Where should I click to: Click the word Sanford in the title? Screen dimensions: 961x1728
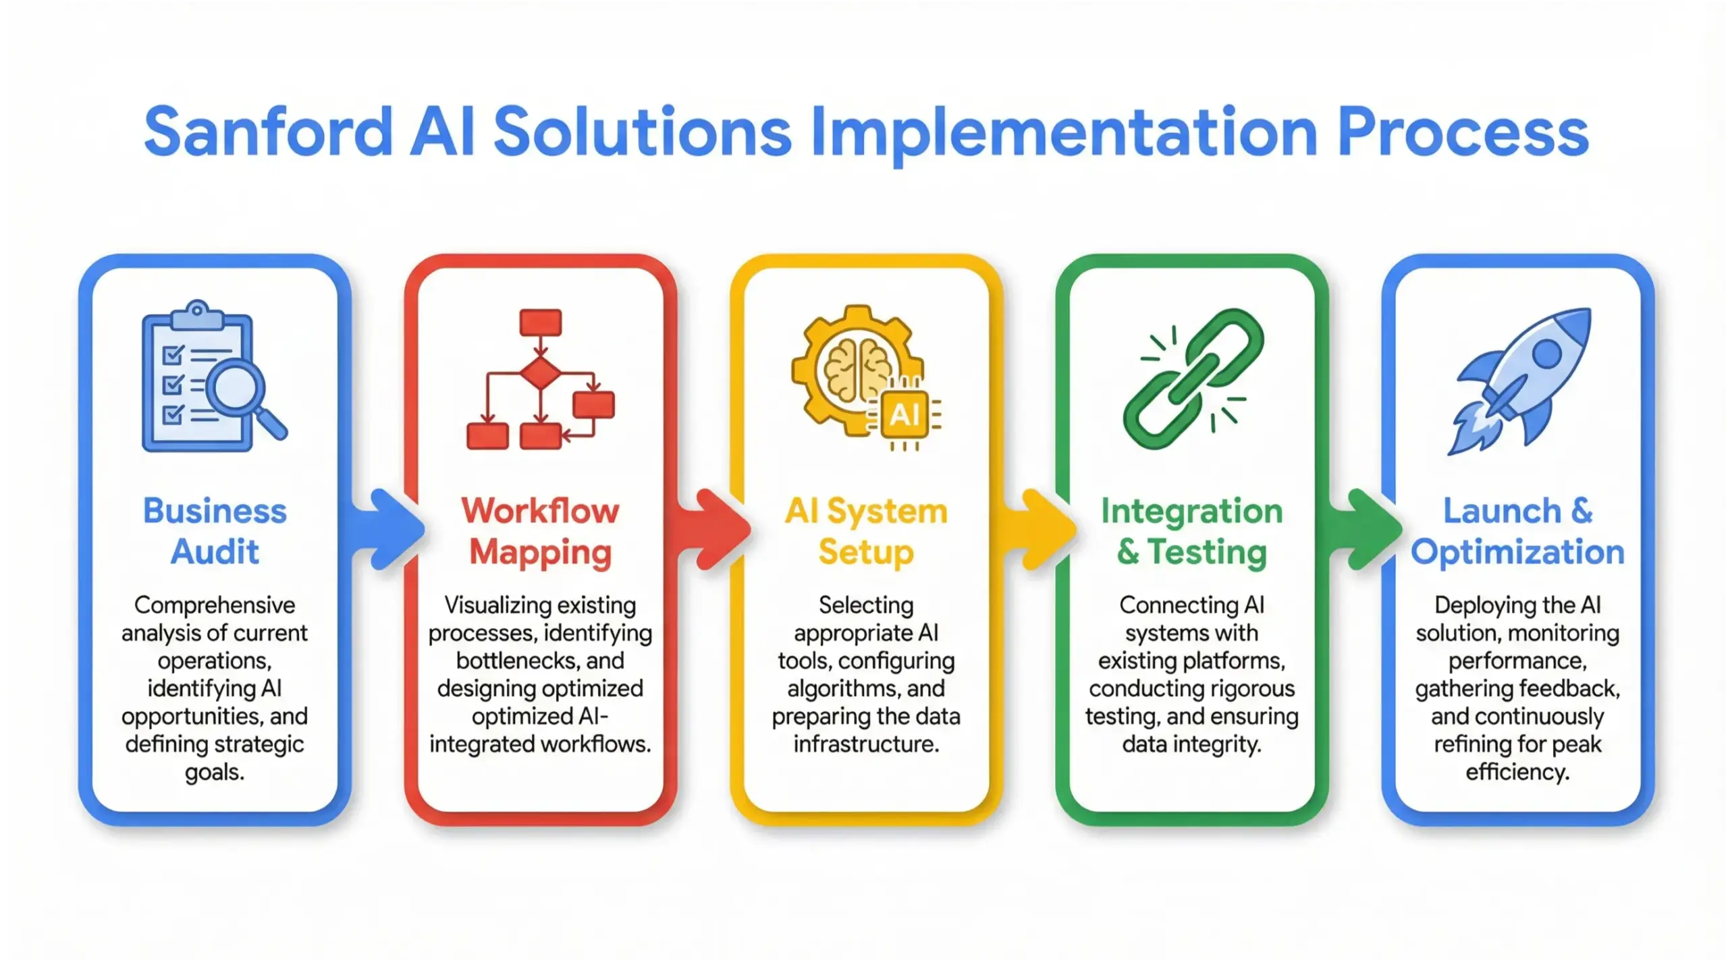[x=268, y=132]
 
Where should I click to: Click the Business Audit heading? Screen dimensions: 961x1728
[x=215, y=531]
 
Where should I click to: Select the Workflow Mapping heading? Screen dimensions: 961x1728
[x=540, y=531]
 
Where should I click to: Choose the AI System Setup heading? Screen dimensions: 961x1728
[x=866, y=531]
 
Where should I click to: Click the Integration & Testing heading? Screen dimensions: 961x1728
[x=1192, y=531]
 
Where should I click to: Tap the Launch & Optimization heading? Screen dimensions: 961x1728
[x=1517, y=531]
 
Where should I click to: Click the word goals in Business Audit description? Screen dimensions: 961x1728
[x=215, y=772]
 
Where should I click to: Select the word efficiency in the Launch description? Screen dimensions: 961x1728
[x=1517, y=772]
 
